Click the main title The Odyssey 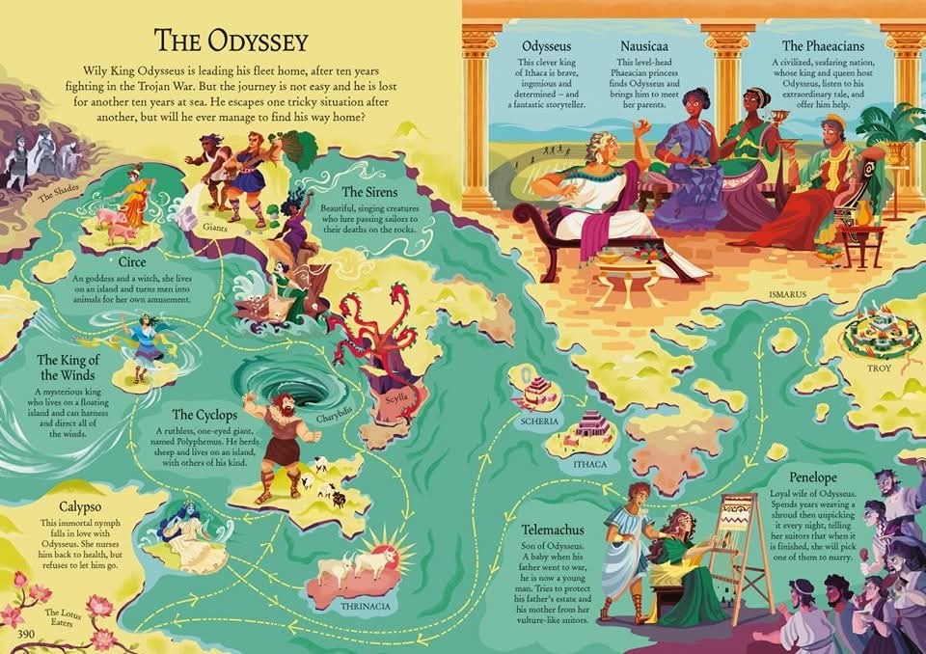[x=231, y=41]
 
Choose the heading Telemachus [x=547, y=530]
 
